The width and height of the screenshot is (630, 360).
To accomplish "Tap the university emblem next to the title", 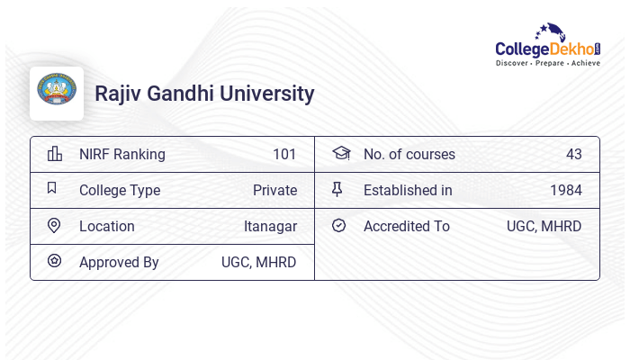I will point(56,93).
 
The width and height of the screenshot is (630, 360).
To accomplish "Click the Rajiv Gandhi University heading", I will point(204,94).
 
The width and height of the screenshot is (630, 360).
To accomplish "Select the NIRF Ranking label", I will point(122,154).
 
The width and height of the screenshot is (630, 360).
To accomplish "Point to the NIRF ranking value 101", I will point(284,154).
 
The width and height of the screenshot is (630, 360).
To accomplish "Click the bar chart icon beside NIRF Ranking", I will point(54,154).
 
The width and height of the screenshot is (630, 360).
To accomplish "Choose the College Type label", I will point(120,190).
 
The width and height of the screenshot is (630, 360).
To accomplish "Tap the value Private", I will point(274,190).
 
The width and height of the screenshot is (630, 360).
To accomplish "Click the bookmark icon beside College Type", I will point(52,189).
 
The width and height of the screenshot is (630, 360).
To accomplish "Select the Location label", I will point(107,226).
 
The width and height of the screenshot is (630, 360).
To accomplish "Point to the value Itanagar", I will point(270,226).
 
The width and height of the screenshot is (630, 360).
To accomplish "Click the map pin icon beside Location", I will point(54,226).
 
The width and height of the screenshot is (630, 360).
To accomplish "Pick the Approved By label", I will point(119,262).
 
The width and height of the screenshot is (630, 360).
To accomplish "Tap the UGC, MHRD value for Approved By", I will point(259,262).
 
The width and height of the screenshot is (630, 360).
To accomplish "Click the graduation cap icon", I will point(340,154).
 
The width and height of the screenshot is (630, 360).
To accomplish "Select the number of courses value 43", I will point(574,154).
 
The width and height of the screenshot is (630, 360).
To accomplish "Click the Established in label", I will point(408,190).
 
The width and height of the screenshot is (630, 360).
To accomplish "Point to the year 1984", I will point(566,190).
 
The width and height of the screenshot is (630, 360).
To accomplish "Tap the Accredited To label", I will point(407,226).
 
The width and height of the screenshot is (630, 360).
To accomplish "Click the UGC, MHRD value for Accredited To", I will point(544,226).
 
